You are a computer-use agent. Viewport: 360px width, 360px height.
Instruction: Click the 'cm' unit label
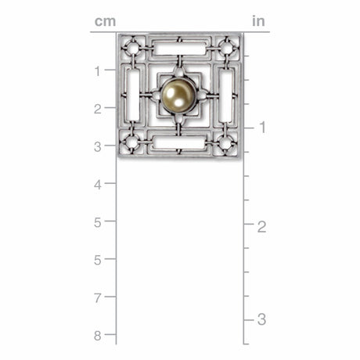coord(105,21)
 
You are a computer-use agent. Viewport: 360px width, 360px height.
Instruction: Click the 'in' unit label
coord(258,21)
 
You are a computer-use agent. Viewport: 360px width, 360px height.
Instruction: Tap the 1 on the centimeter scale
coord(98,71)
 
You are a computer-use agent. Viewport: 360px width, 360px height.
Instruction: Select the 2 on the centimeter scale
coord(98,109)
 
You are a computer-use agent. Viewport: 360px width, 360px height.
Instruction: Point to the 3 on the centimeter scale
coord(98,147)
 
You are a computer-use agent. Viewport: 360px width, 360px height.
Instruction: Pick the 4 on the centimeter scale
coord(98,185)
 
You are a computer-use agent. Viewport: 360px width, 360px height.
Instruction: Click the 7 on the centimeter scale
coord(98,298)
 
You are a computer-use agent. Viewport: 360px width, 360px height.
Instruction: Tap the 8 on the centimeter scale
coord(98,336)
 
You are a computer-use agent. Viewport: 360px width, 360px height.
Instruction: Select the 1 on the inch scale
coord(262,128)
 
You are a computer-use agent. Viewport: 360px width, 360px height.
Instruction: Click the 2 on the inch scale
coord(262,227)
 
